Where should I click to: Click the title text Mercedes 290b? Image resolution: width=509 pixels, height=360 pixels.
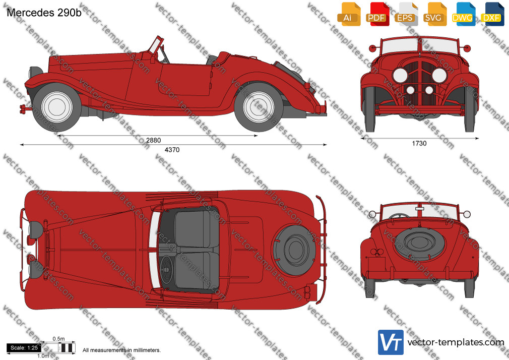click(44, 13)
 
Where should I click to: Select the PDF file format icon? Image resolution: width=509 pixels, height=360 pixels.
click(377, 14)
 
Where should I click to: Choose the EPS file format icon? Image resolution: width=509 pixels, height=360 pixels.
click(406, 14)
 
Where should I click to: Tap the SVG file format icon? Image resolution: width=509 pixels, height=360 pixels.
click(434, 14)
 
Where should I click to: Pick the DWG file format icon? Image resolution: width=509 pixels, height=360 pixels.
click(463, 14)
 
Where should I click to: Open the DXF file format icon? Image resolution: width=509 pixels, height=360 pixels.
click(492, 14)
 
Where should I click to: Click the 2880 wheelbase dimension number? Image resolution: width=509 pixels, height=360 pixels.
click(153, 140)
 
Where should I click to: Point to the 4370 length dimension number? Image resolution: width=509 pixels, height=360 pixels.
click(172, 150)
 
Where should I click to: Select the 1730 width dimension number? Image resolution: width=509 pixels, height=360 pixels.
click(419, 143)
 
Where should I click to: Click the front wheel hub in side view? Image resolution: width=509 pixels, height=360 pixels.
click(57, 107)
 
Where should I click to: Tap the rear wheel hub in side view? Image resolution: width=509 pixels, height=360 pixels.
click(259, 107)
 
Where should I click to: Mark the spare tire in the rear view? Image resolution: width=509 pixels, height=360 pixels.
click(419, 243)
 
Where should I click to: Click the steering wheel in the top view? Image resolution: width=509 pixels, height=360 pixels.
click(167, 269)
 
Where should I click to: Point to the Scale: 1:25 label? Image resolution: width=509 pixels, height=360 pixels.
click(24, 348)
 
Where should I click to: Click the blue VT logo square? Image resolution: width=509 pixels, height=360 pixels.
click(391, 342)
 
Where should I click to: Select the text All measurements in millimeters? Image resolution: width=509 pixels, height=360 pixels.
click(121, 350)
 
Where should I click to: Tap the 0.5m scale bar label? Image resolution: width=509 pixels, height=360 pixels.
click(59, 339)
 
